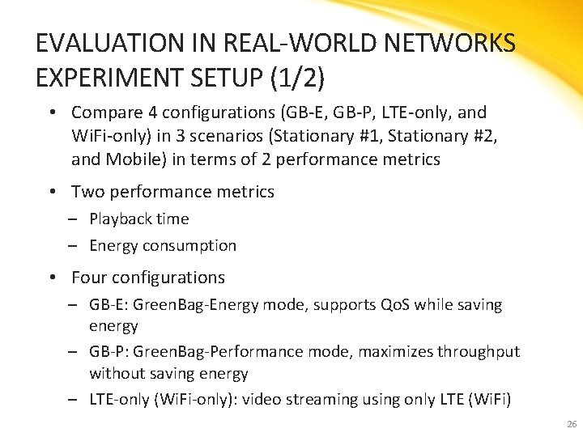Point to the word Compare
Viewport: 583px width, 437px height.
(104, 112)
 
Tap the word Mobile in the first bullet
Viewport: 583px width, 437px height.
(132, 159)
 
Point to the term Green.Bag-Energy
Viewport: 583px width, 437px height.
(193, 305)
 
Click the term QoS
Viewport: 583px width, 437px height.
(394, 305)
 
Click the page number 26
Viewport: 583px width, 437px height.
(572, 424)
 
